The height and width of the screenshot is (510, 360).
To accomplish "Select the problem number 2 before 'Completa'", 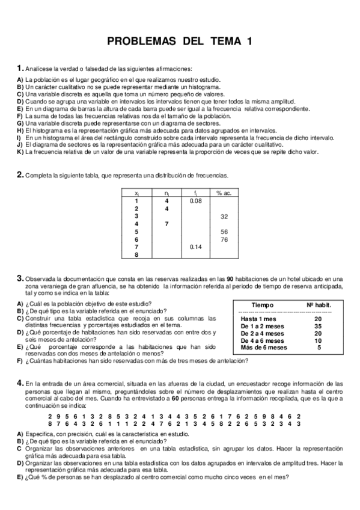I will [20, 175].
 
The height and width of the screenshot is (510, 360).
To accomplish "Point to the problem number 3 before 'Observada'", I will [20, 278].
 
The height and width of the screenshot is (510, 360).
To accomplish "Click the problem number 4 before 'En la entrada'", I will [20, 382].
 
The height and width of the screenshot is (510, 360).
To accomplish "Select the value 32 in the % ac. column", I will [224, 216].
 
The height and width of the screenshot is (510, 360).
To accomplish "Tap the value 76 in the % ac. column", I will [224, 239].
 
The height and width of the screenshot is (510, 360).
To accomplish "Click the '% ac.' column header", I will [224, 192].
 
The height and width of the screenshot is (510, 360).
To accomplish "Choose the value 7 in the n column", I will [166, 224].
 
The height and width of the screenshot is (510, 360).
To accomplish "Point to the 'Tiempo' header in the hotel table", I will [263, 306].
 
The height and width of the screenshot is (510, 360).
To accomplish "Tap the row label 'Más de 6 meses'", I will [264, 347].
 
